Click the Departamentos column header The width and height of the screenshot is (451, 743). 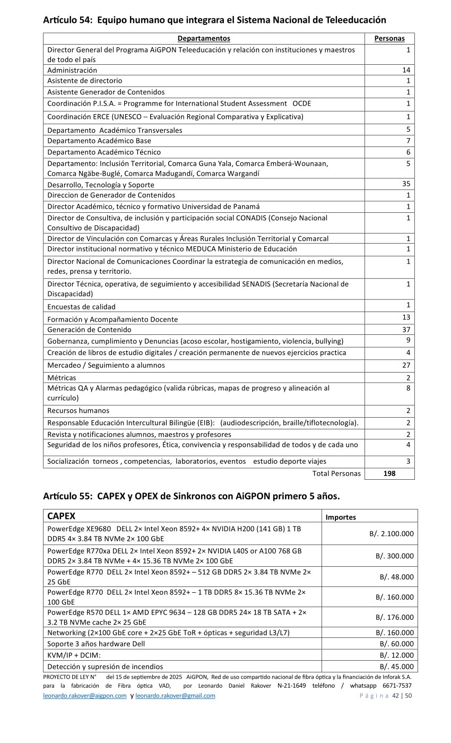point(204,38)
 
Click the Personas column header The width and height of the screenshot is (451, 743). point(389,38)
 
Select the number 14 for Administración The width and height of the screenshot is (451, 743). point(406,70)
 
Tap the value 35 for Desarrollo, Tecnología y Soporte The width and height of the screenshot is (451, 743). point(406,184)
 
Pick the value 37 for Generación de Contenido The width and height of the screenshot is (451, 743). point(406,330)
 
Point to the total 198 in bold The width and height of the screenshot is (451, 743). point(389,473)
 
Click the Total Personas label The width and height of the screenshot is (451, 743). point(336,473)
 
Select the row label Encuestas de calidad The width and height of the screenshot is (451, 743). point(81,307)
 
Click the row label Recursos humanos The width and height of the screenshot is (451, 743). point(78,411)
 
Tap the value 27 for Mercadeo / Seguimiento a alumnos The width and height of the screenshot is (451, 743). point(406,365)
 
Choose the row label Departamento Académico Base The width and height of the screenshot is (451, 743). point(99,141)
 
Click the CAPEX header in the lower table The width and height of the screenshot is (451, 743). point(61,516)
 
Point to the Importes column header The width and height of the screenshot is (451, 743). point(341,517)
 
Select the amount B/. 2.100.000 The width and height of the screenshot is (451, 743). point(392,534)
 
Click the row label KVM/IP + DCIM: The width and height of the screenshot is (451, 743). point(74,655)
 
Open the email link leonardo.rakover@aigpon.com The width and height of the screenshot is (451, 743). point(85,696)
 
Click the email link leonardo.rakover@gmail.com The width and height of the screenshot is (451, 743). point(175,696)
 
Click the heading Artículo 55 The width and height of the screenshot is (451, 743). point(191,496)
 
